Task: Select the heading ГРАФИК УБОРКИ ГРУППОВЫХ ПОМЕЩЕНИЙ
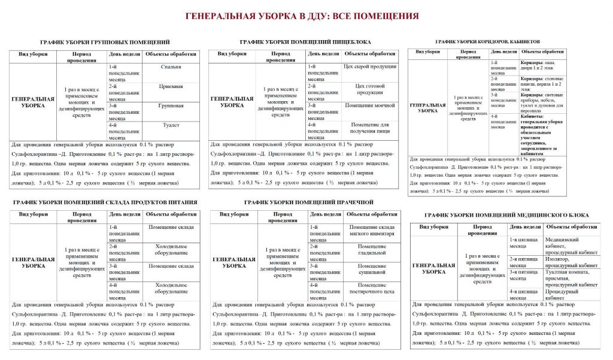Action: [x=105, y=43]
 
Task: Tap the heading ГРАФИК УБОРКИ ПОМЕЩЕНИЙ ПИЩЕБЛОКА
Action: [x=305, y=42]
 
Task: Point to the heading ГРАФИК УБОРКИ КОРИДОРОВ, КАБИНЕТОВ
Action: [x=487, y=42]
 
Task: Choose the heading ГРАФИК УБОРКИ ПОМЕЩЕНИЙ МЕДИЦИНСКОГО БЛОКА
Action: [x=506, y=215]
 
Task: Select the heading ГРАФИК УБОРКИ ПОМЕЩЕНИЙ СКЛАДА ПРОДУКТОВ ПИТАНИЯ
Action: [x=105, y=202]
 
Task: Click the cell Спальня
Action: [x=172, y=67]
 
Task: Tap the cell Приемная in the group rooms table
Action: [x=172, y=86]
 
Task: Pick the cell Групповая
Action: [x=172, y=106]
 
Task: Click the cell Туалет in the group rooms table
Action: [x=172, y=125]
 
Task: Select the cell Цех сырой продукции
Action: [x=370, y=66]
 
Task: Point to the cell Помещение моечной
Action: [x=370, y=105]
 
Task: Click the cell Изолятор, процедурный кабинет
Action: [x=571, y=262]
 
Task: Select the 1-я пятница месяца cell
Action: [x=526, y=243]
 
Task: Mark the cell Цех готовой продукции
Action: [x=370, y=89]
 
